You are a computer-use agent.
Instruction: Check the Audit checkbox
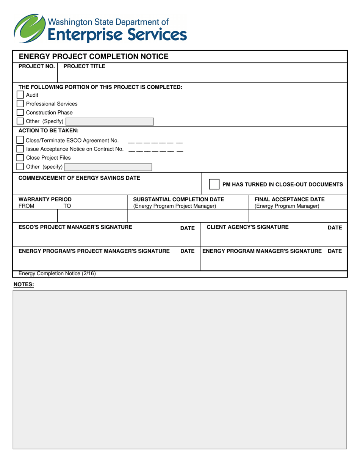20,95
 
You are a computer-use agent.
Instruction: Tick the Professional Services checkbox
20,104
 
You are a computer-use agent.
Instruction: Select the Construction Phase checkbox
20,112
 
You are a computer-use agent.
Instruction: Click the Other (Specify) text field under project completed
110,121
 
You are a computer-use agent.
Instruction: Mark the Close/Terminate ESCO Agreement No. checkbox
20,140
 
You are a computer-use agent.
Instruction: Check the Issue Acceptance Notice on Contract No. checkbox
20,149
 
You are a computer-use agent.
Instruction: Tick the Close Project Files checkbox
20,158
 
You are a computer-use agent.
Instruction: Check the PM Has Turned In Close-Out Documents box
214,184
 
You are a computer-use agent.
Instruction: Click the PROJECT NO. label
37,66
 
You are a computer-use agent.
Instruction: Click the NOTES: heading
24,284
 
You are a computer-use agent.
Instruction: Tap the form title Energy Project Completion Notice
93,57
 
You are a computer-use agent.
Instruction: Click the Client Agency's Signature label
247,227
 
